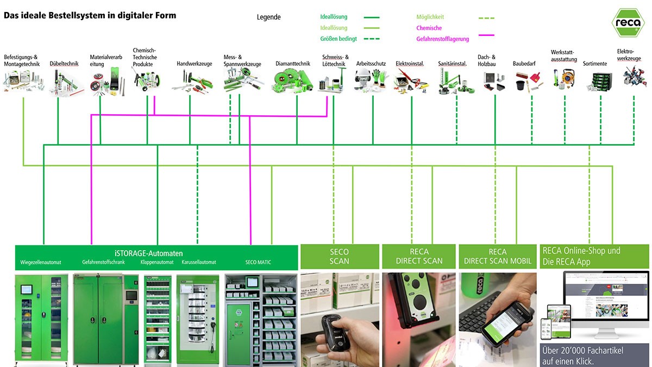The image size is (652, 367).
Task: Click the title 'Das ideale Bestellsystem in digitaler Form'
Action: click(x=90, y=16)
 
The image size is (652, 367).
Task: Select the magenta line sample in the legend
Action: click(x=486, y=35)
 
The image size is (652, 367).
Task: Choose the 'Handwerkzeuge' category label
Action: click(x=194, y=64)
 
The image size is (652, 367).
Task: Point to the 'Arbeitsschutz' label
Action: click(x=371, y=64)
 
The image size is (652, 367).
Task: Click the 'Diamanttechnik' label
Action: click(x=293, y=64)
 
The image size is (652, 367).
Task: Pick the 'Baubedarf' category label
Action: click(x=524, y=64)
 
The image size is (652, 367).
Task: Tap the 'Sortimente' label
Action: click(x=595, y=64)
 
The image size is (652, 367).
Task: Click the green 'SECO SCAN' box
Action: click(x=340, y=257)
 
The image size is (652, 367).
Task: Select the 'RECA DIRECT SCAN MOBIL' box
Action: click(x=498, y=257)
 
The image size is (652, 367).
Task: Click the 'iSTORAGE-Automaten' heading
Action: click(x=149, y=253)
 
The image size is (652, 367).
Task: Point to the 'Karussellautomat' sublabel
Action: click(x=199, y=263)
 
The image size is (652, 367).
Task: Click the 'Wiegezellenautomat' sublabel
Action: click(x=41, y=263)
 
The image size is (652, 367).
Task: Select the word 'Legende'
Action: click(x=268, y=17)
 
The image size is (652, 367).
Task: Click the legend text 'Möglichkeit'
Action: click(x=430, y=17)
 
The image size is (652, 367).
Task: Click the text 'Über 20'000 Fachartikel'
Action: click(x=583, y=351)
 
